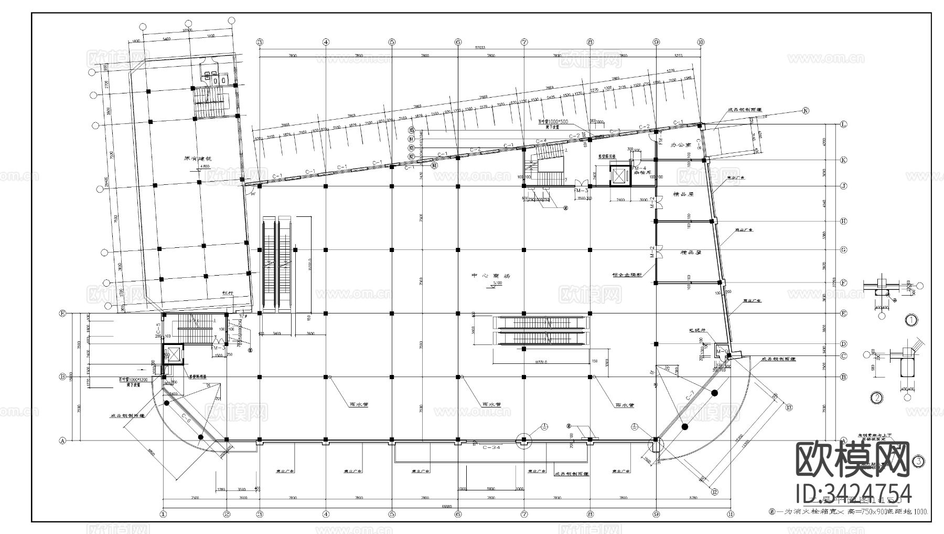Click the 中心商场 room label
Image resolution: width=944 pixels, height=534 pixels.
[x=491, y=276]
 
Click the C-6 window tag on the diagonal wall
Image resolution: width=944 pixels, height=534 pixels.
[x=186, y=418]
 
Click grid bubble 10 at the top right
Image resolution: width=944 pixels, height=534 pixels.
[x=700, y=42]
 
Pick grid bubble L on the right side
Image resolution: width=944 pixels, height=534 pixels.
[x=843, y=124]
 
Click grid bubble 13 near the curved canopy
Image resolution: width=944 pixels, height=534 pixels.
[x=788, y=407]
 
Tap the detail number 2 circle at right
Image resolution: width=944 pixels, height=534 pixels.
[x=876, y=397]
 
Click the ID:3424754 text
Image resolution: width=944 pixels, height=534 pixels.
[x=854, y=494]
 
